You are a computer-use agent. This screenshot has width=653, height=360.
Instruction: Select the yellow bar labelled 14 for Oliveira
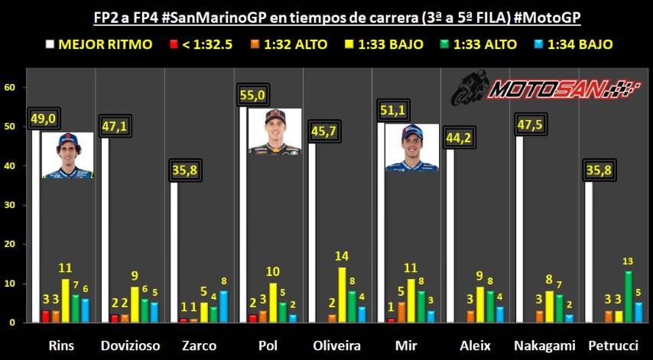(x=343, y=294)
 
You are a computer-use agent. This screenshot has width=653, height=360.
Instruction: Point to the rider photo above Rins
(x=67, y=155)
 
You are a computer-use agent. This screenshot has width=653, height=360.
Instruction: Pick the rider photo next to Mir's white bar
(x=413, y=147)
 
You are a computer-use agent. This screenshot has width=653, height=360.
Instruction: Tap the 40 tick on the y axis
(x=10, y=166)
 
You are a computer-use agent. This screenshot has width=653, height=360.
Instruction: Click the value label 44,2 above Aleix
(x=460, y=138)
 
